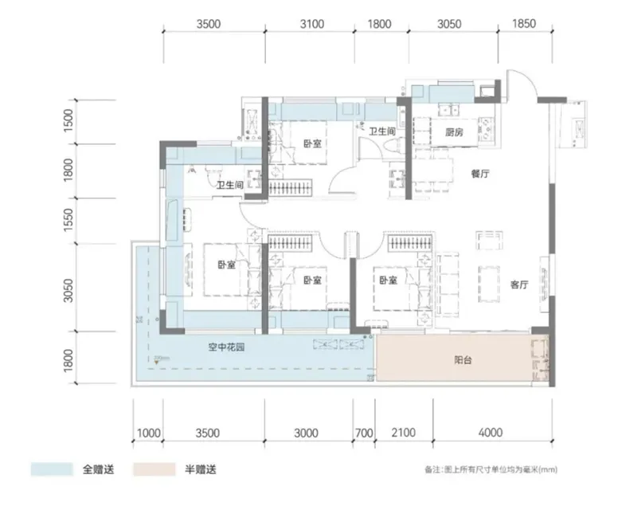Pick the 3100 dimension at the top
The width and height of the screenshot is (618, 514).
(311, 25)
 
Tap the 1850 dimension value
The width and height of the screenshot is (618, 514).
(521, 25)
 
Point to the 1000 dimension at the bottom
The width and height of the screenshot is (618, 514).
(148, 434)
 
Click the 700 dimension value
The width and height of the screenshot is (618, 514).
(364, 434)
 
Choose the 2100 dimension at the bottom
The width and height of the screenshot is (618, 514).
(404, 434)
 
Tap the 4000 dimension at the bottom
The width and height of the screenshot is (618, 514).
(491, 434)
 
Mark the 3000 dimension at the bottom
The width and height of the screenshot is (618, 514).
(306, 434)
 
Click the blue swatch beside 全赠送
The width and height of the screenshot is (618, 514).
(52, 469)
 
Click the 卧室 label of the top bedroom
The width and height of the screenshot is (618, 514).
(312, 144)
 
